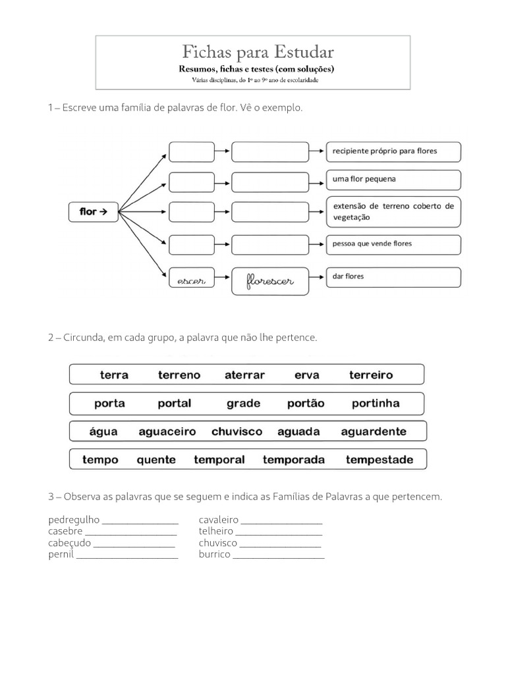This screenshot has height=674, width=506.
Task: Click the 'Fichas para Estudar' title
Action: pyautogui.click(x=258, y=52)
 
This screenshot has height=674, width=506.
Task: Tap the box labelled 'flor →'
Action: pyautogui.click(x=94, y=211)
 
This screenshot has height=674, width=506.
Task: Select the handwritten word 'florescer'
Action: pyautogui.click(x=269, y=281)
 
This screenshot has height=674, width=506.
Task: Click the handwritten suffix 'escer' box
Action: pyautogui.click(x=192, y=278)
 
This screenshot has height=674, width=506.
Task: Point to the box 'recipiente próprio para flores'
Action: pyautogui.click(x=393, y=152)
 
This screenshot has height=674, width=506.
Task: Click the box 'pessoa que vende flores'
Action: pyautogui.click(x=393, y=245)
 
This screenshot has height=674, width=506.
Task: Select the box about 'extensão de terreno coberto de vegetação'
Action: pyautogui.click(x=393, y=212)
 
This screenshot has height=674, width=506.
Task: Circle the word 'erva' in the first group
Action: pyautogui.click(x=307, y=375)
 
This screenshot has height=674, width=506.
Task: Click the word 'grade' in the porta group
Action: pyautogui.click(x=244, y=403)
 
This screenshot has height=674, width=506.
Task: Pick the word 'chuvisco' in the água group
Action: pyautogui.click(x=237, y=432)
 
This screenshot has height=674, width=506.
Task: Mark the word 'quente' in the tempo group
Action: pyautogui.click(x=156, y=460)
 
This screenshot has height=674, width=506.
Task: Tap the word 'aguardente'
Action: pyautogui.click(x=374, y=432)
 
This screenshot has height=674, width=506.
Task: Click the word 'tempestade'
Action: pyautogui.click(x=379, y=460)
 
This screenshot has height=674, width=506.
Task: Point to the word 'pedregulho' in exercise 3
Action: pyautogui.click(x=74, y=520)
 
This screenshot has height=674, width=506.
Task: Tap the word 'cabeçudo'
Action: pyautogui.click(x=69, y=543)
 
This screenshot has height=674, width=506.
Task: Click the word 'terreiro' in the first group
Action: pyautogui.click(x=371, y=375)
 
